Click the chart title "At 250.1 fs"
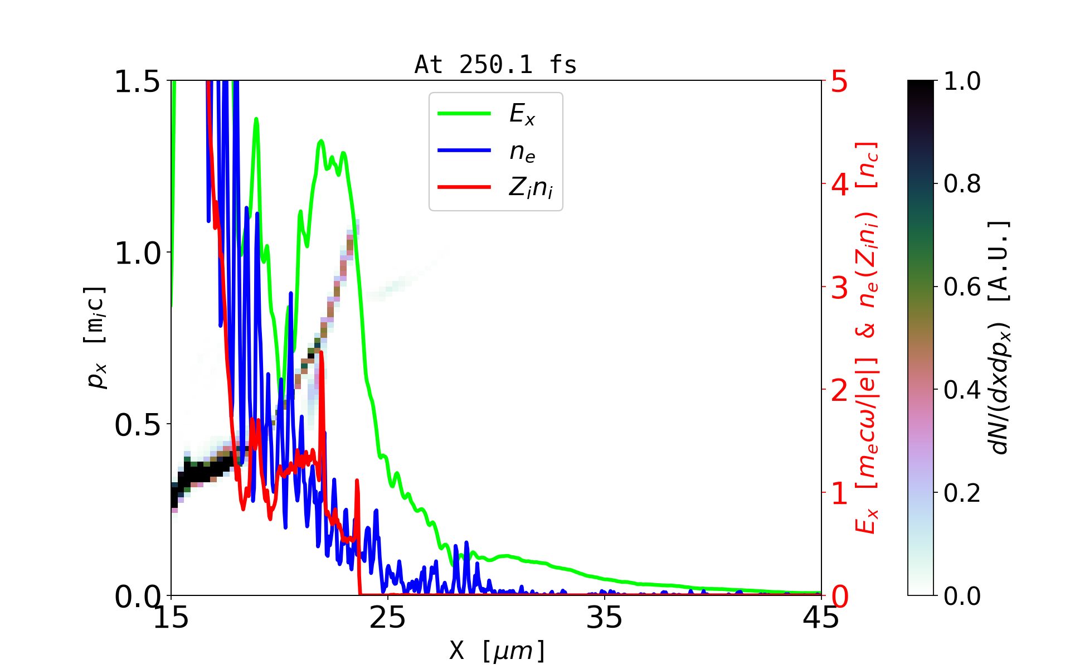[495, 65]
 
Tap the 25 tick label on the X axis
[388, 618]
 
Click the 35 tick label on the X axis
[605, 618]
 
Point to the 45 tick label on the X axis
[821, 618]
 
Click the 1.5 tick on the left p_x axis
[137, 82]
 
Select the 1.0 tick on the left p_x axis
[137, 254]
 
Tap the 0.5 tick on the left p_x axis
[137, 425]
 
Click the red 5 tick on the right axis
[839, 82]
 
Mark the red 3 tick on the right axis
[839, 288]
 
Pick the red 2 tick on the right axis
[839, 391]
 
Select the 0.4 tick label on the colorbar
[962, 390]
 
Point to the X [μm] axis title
[497, 650]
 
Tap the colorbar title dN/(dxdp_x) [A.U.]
[1000, 338]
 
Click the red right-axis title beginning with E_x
[867, 338]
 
